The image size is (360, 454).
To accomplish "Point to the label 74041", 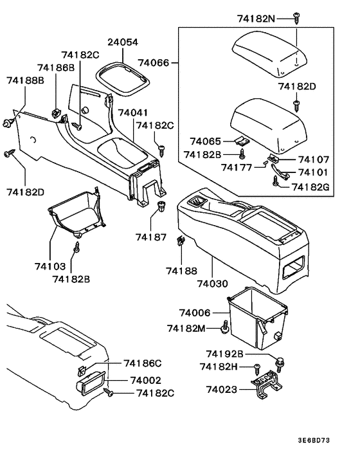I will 135,112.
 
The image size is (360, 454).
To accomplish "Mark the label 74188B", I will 25,80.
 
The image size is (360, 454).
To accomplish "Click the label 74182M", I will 187,328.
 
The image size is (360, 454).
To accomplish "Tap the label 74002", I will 145,380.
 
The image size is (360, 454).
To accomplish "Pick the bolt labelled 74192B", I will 280,363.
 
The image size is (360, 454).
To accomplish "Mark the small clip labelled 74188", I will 181,243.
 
